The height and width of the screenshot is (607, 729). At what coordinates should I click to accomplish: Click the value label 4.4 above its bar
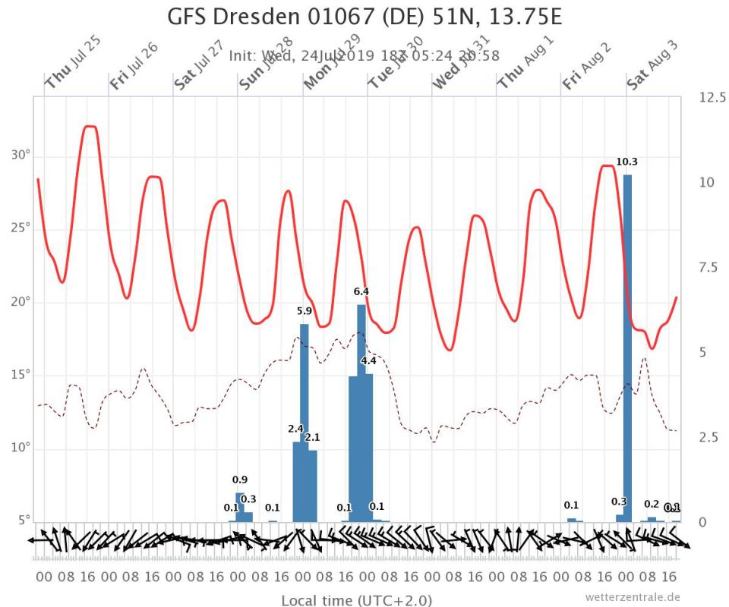[x=369, y=360]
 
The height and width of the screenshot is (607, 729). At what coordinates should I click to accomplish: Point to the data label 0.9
[x=240, y=480]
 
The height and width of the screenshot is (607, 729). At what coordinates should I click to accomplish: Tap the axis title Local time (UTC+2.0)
[x=356, y=600]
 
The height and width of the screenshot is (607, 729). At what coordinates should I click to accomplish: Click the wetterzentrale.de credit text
[x=633, y=597]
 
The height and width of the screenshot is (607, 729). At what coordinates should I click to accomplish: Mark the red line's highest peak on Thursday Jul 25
[x=90, y=127]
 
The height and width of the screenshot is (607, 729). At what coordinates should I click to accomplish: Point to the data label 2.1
[x=312, y=438]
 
